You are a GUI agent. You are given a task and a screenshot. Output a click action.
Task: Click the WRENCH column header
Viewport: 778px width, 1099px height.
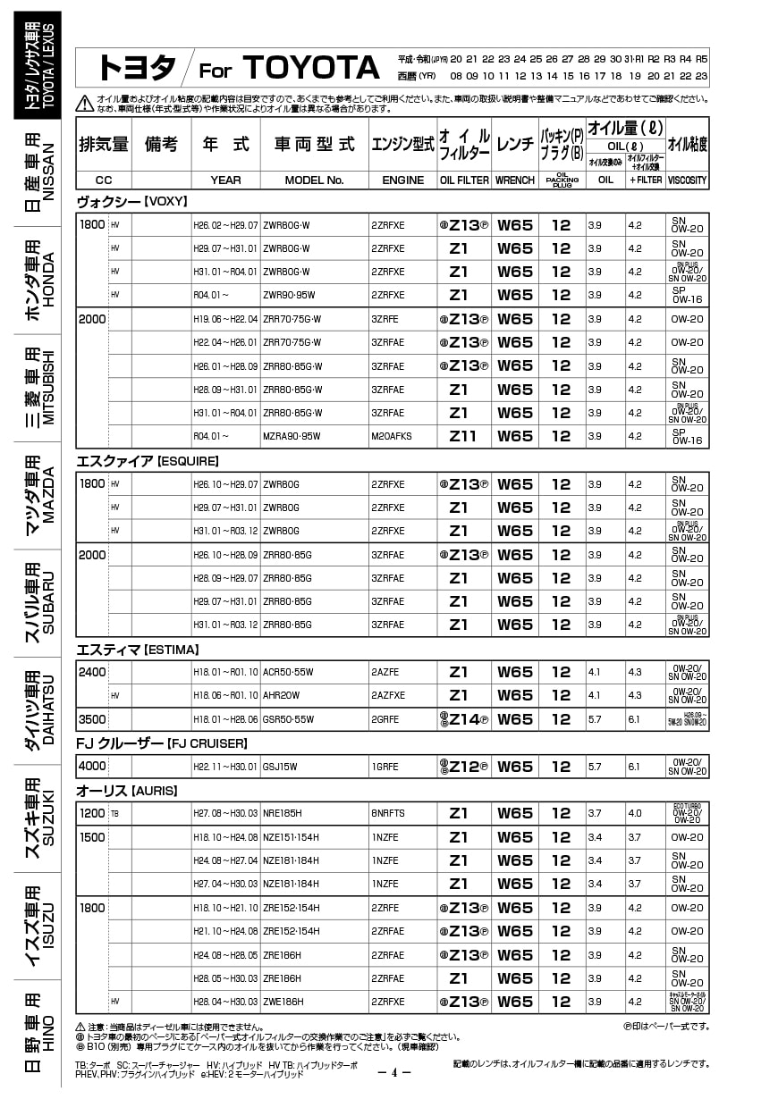pos(514,180)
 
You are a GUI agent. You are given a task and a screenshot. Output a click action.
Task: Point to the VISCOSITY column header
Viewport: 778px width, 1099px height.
pos(687,180)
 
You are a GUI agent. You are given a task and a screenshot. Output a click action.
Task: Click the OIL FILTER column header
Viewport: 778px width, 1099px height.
pos(464,180)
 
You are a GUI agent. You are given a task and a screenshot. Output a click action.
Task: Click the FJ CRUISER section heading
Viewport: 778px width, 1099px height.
pos(161,743)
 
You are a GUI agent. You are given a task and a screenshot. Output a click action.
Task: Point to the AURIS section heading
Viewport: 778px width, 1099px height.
pos(126,791)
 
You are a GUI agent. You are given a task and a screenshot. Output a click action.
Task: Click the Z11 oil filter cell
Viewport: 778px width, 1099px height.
pos(463,437)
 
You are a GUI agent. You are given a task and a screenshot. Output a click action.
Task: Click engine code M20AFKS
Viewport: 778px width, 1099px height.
pos(392,437)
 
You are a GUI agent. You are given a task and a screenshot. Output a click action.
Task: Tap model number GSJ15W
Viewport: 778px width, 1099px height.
pos(280,767)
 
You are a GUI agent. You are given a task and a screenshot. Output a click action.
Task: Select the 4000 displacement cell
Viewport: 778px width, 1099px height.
pos(92,766)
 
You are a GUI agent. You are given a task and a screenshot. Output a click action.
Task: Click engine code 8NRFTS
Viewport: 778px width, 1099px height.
pos(388,814)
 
